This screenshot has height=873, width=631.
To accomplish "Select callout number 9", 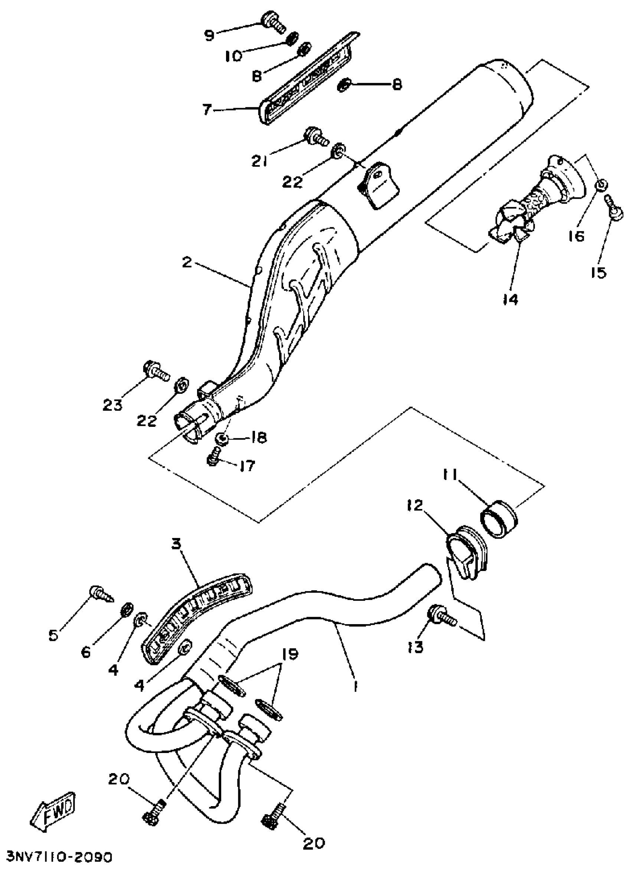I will (x=209, y=35).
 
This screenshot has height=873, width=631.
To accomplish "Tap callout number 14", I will (x=510, y=299).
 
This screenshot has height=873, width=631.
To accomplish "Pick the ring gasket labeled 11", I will (x=499, y=519).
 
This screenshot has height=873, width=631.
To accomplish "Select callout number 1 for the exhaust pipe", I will (x=356, y=686).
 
